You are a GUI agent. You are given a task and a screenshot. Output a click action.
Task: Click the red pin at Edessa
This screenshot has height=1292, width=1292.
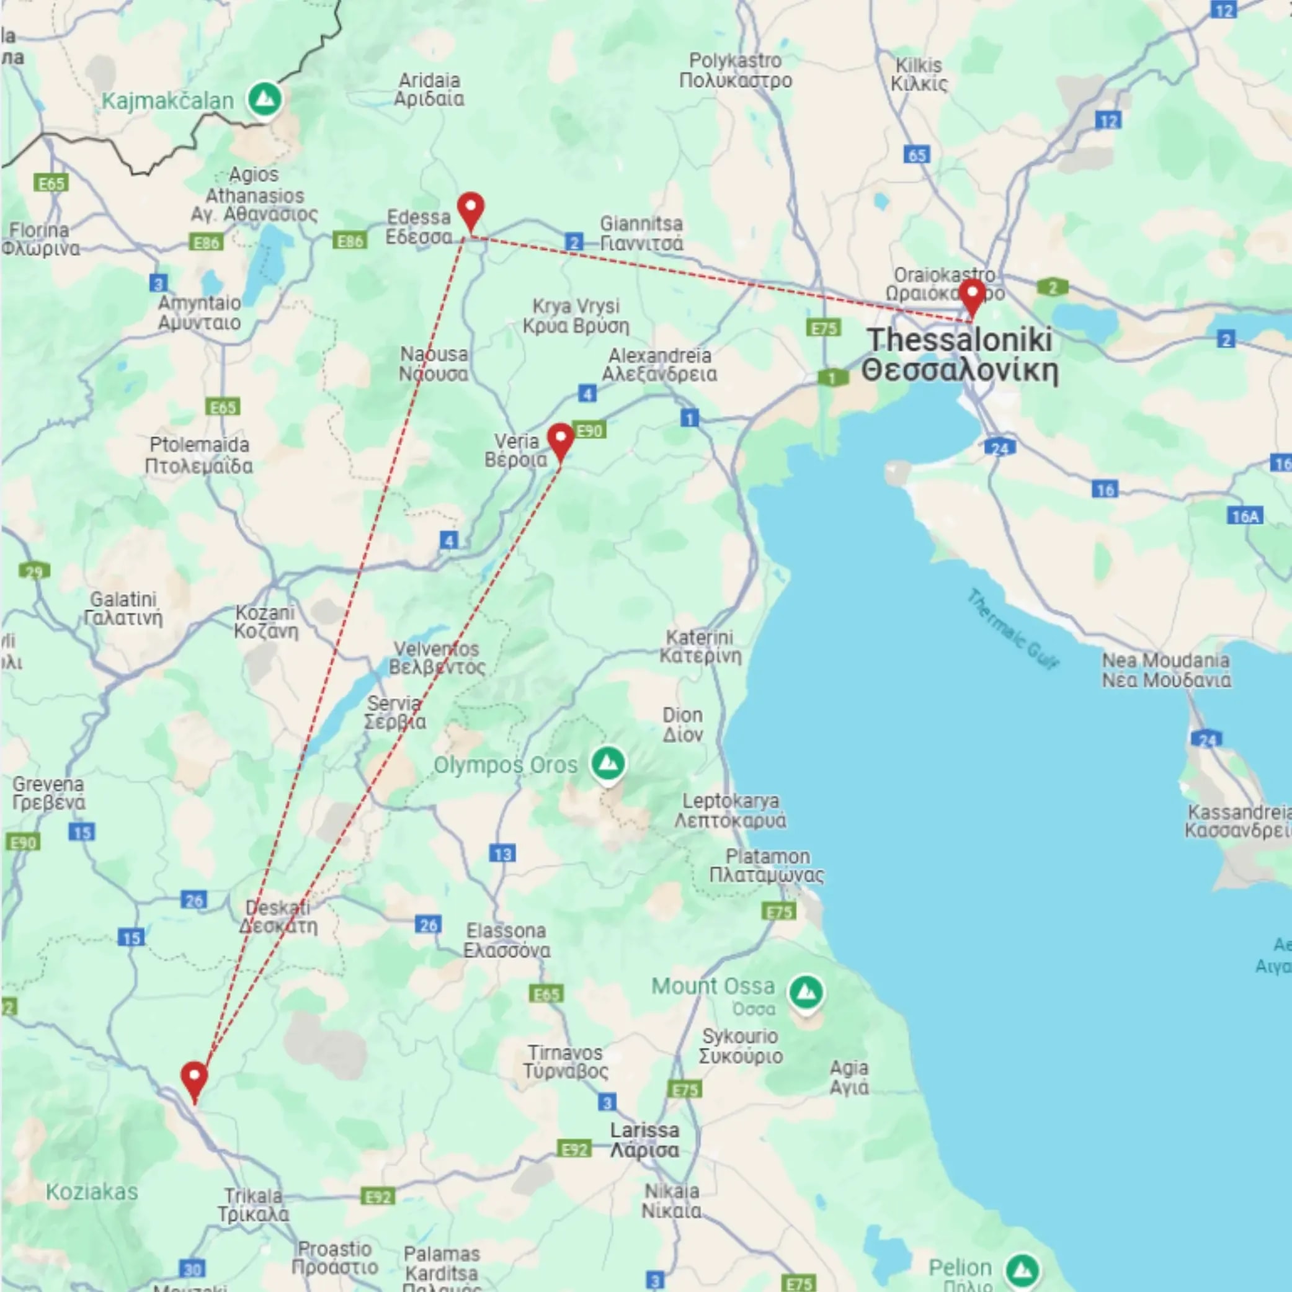point(471,208)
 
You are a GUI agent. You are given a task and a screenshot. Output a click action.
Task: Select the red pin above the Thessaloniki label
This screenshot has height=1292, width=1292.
point(972,294)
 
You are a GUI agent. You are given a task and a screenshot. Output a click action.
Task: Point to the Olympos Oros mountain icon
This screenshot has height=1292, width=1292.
point(608,763)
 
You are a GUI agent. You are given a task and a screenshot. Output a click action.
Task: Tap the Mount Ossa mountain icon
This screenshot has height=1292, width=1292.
point(806,992)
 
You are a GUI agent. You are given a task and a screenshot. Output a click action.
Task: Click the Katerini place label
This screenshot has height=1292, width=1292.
point(700,647)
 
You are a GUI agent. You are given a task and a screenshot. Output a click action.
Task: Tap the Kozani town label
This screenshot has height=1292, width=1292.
point(265,622)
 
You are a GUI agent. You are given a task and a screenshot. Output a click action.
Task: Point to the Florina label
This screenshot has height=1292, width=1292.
point(40,239)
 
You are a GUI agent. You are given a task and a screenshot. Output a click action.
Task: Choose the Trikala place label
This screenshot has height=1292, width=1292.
point(254,1205)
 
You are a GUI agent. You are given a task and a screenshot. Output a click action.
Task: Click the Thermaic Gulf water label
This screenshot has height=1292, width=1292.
point(1012,628)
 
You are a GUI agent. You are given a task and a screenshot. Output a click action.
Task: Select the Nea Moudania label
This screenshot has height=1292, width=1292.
point(1165,670)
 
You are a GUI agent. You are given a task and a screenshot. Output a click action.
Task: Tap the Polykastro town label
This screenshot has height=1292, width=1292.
point(736,70)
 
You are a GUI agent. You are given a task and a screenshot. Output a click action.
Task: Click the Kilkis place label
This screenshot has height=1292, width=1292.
point(919,74)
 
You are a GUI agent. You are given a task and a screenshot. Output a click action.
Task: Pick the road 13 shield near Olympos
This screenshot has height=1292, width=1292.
point(502,854)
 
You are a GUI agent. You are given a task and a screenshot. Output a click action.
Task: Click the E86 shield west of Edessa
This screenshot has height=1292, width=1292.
point(350,241)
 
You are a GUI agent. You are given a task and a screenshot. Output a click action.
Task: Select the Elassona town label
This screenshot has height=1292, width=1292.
point(507,940)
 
